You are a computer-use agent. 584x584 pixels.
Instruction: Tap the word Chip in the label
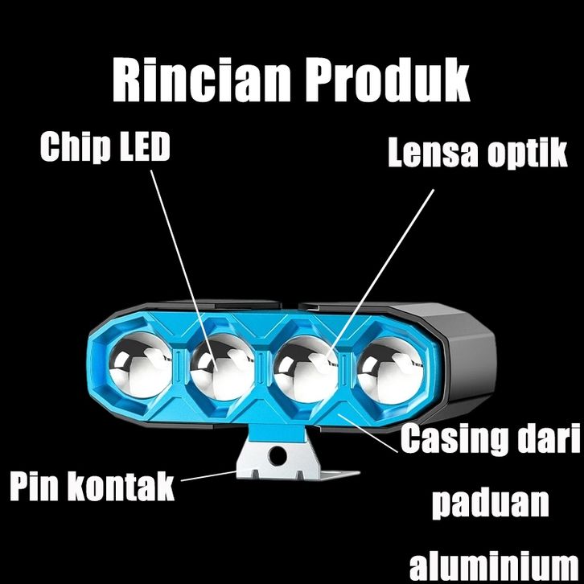click(75, 147)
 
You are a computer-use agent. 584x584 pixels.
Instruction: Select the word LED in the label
click(144, 147)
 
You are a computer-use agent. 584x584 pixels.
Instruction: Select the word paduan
click(491, 504)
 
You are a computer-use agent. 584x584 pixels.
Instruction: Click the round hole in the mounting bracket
click(277, 456)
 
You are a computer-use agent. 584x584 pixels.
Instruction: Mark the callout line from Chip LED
click(181, 257)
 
